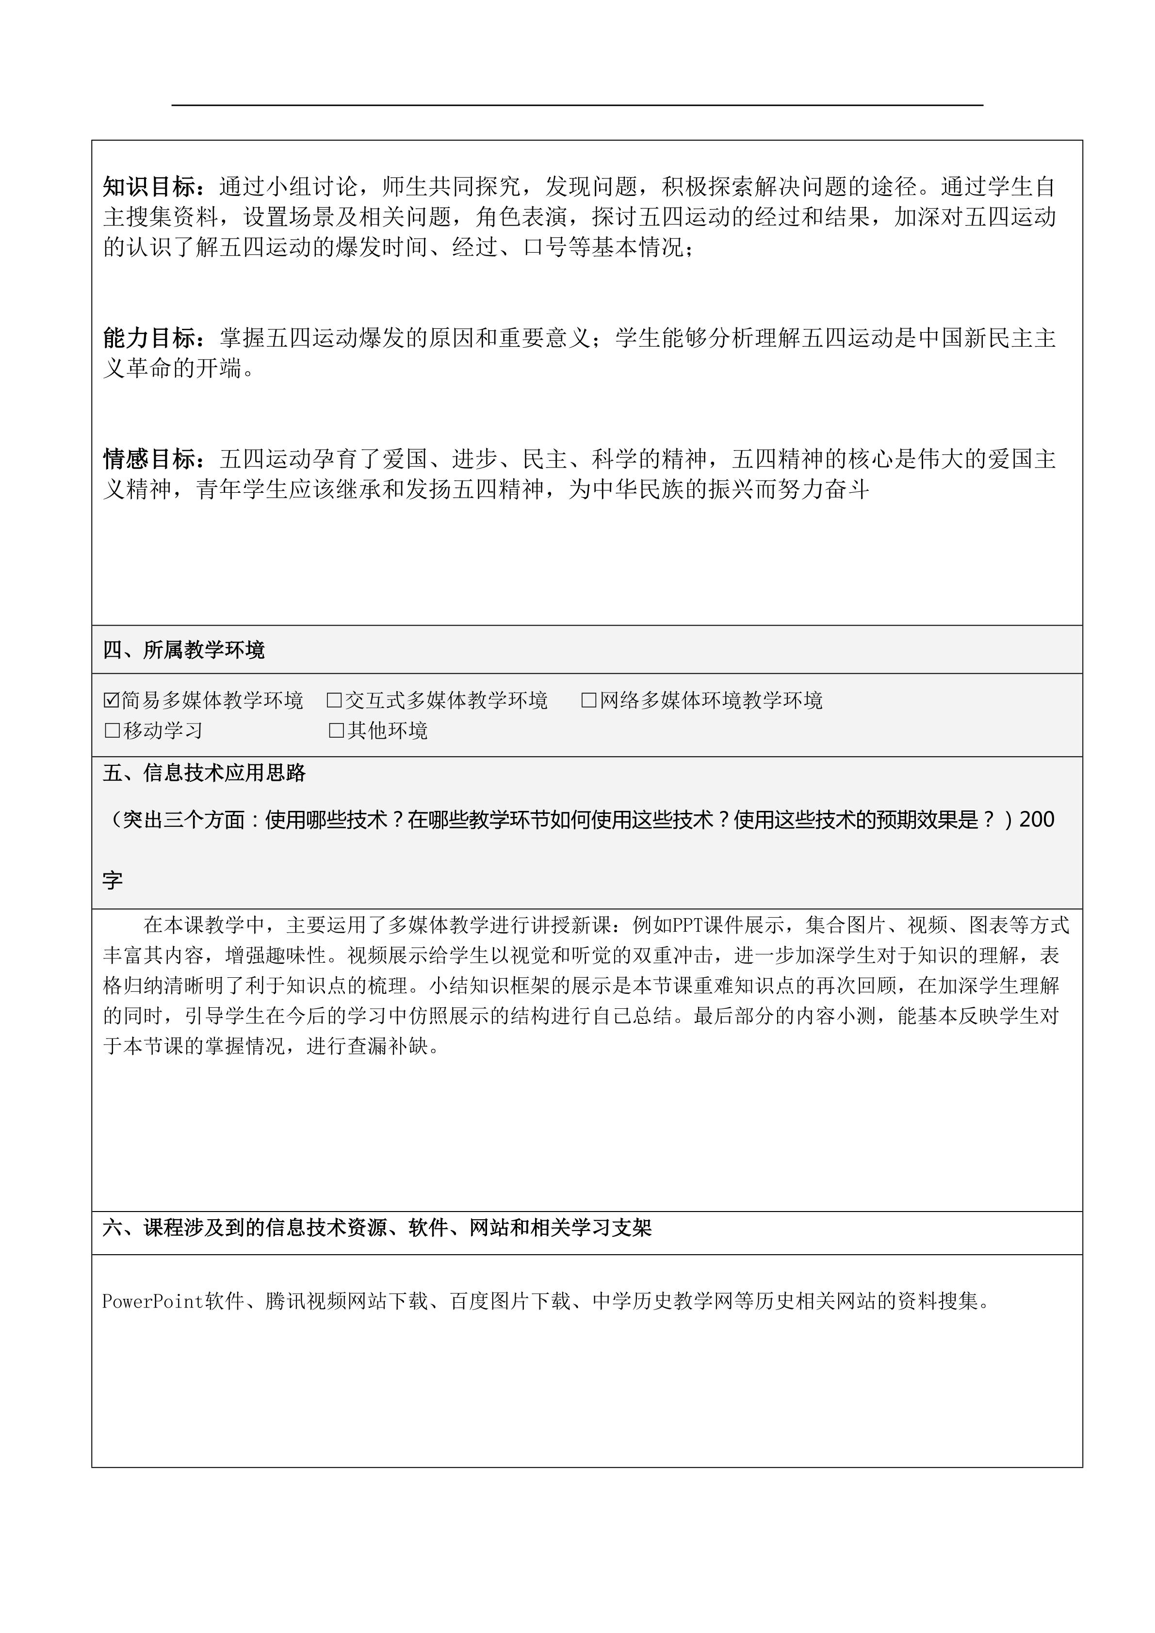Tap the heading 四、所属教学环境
(x=183, y=650)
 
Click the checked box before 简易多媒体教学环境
(x=111, y=700)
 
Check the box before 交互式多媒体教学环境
(x=334, y=700)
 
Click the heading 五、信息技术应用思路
(x=204, y=773)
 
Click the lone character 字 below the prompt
(x=113, y=880)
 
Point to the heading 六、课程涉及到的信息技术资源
(x=377, y=1228)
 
